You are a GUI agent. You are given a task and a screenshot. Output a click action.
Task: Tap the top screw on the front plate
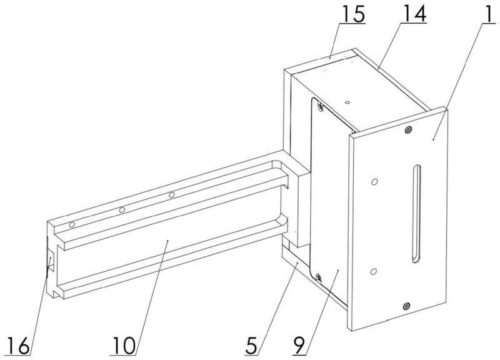point(407,129)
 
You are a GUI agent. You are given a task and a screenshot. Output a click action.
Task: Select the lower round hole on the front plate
point(374,271)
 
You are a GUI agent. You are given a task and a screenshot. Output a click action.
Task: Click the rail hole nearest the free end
point(73,223)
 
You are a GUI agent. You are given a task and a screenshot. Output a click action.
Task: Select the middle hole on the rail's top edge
point(122,209)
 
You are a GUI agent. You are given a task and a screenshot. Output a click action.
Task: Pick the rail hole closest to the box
point(171,196)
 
